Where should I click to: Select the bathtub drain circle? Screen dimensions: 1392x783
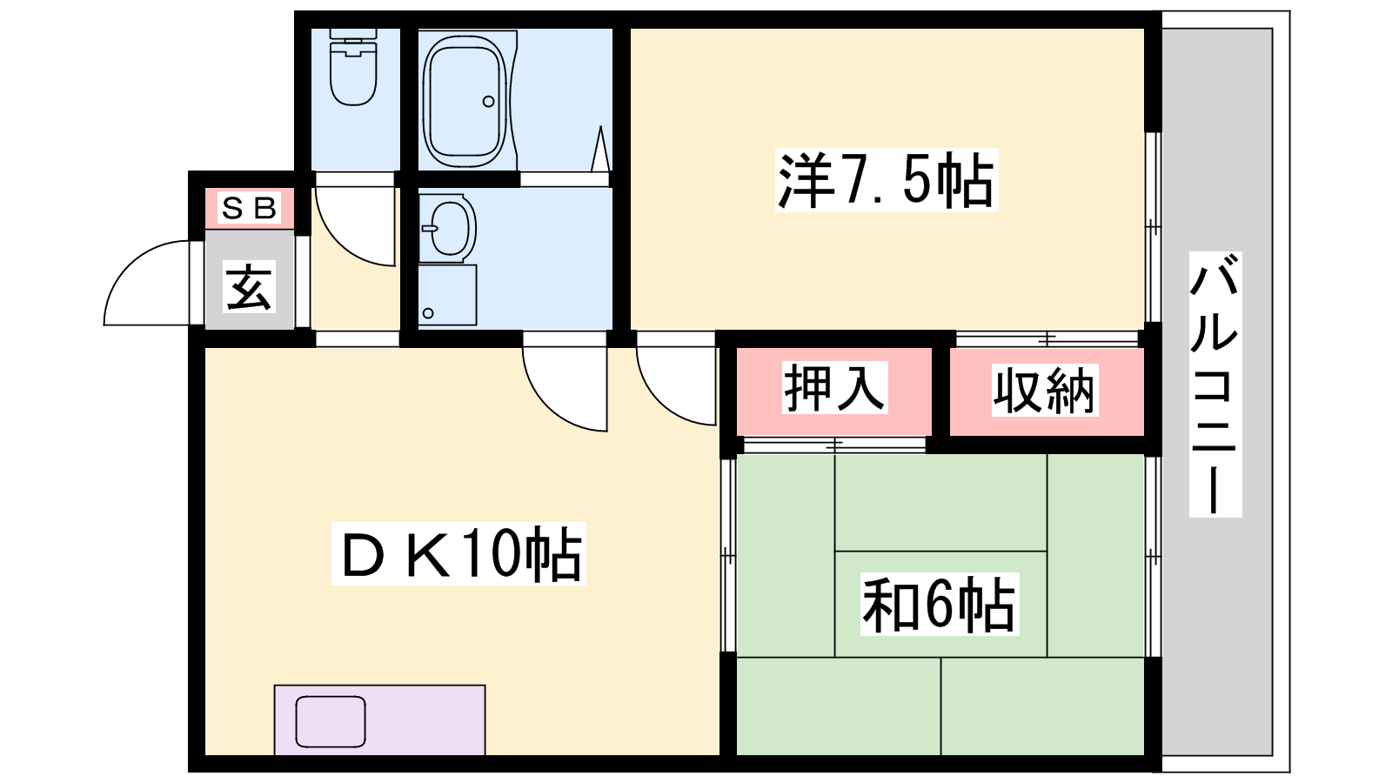[488, 101]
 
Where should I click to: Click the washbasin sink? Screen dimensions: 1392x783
[447, 228]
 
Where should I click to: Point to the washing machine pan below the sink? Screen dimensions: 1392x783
[447, 295]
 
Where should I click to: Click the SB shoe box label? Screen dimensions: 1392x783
[249, 208]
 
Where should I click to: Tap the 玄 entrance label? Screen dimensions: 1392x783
[249, 287]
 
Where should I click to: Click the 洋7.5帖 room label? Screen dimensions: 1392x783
[887, 180]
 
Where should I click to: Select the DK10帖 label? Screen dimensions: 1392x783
[458, 553]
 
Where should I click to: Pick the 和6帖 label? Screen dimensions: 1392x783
[940, 604]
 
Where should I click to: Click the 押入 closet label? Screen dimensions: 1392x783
[834, 388]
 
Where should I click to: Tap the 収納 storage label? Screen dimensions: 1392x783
[1045, 391]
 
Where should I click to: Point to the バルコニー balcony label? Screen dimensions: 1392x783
[1215, 384]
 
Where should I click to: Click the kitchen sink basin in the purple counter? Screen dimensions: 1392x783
[330, 721]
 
